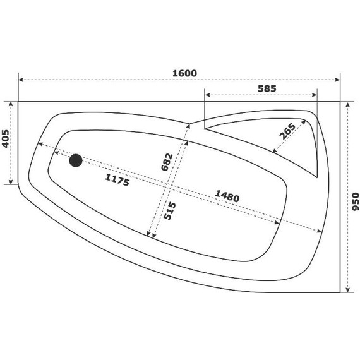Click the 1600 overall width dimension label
[184, 73]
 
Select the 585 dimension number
[267, 90]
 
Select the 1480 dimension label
[225, 197]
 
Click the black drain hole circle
[76, 160]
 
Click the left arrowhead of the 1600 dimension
[21, 80]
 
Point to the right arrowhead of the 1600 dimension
[338, 80]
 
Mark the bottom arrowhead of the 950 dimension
[347, 290]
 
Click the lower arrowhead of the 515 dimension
[152, 237]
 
